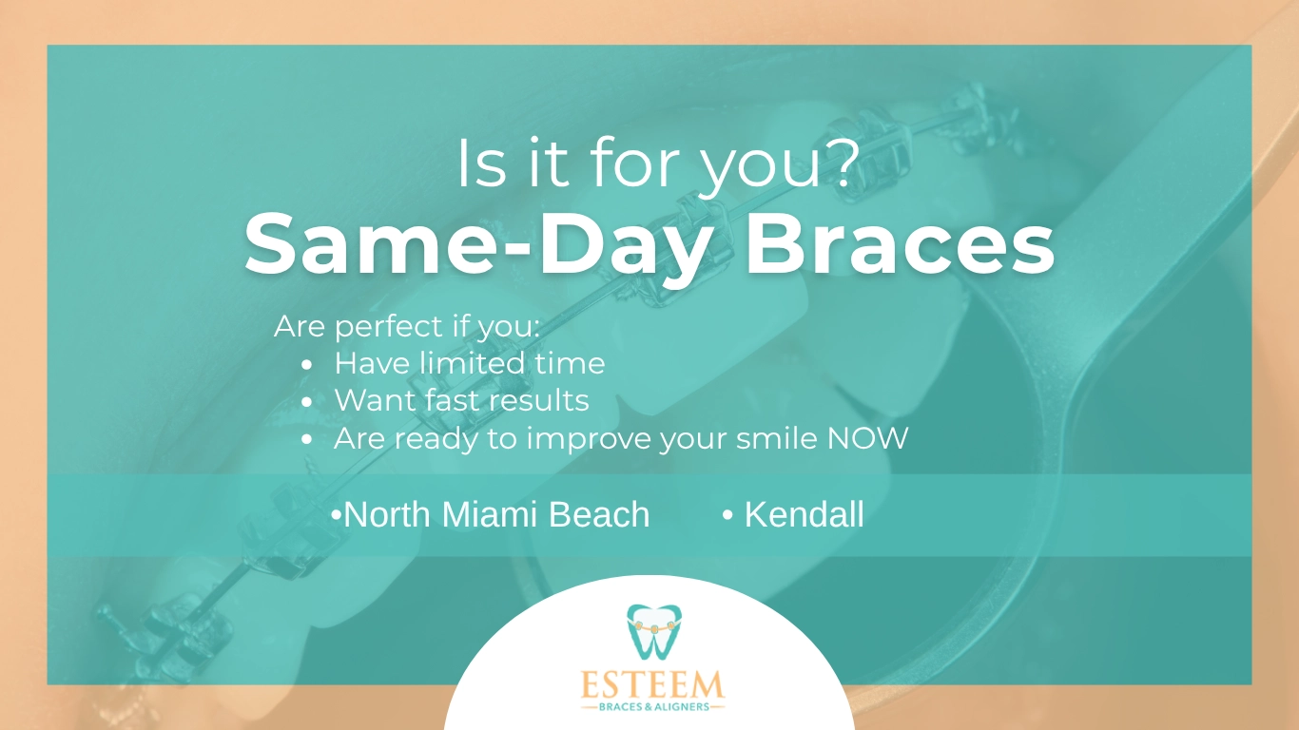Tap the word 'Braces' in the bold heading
tap(900, 244)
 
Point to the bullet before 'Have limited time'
tap(307, 365)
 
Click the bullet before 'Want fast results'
tap(307, 402)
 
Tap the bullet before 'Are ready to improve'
tap(307, 439)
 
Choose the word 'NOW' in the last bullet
tap(867, 438)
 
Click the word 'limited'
tap(474, 363)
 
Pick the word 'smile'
tap(777, 438)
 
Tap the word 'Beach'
tap(599, 514)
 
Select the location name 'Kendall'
tap(804, 514)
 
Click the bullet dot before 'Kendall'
tap(727, 515)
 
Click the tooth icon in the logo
tap(654, 631)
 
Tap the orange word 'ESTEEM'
tap(652, 685)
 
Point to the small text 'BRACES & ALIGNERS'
tap(653, 707)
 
